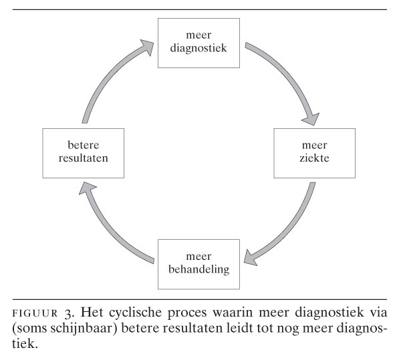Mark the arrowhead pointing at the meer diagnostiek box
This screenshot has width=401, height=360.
tap(148, 47)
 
